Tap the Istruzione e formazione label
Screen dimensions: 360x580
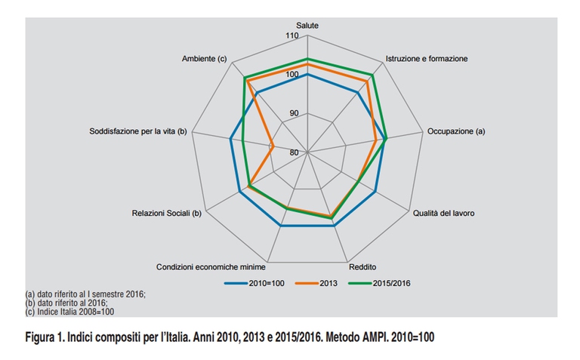click(426, 58)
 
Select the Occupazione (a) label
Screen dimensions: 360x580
click(456, 131)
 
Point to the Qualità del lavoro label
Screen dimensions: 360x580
click(443, 214)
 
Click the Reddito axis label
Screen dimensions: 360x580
click(362, 267)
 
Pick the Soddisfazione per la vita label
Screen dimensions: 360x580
click(137, 131)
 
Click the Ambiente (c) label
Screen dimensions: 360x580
click(205, 58)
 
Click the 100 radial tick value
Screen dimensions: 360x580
click(292, 74)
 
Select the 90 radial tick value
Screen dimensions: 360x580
click(292, 113)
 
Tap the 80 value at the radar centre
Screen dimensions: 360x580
click(293, 152)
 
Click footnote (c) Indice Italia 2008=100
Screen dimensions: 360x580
click(69, 311)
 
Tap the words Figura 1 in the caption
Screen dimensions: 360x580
click(48, 336)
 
